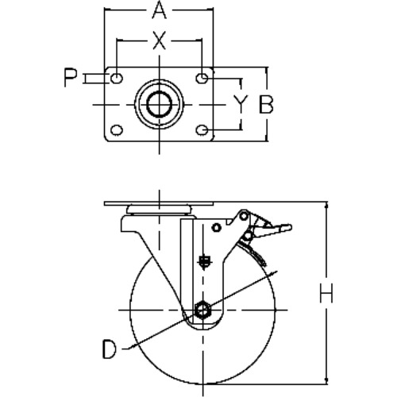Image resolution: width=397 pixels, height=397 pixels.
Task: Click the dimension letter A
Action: (160, 10)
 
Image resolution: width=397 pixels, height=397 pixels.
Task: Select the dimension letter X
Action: (159, 40)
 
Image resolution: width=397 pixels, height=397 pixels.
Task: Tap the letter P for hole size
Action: (70, 78)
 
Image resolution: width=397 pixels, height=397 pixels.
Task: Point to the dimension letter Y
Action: (241, 104)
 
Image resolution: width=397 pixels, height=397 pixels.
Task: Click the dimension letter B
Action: (265, 104)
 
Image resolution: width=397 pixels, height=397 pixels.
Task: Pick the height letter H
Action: (326, 293)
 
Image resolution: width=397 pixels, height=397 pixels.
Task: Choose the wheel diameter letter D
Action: (110, 349)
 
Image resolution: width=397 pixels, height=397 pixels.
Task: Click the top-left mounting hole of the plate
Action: (117, 78)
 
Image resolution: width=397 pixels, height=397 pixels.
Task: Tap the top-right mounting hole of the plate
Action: (202, 78)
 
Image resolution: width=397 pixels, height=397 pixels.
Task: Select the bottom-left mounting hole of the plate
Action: (117, 130)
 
